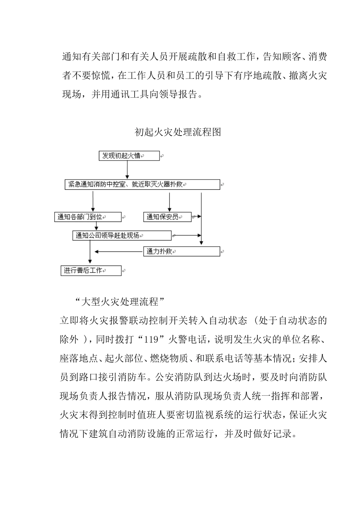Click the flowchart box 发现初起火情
coord(129,156)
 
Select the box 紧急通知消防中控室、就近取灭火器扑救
coord(142,185)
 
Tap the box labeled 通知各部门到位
coord(88,217)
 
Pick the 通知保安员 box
coord(167,217)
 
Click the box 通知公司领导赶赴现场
coord(122,236)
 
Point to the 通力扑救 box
coord(182,251)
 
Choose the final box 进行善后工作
coord(91,271)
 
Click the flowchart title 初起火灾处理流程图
coord(178,132)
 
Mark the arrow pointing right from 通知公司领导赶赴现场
coord(186,236)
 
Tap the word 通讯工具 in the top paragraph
coord(131,94)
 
